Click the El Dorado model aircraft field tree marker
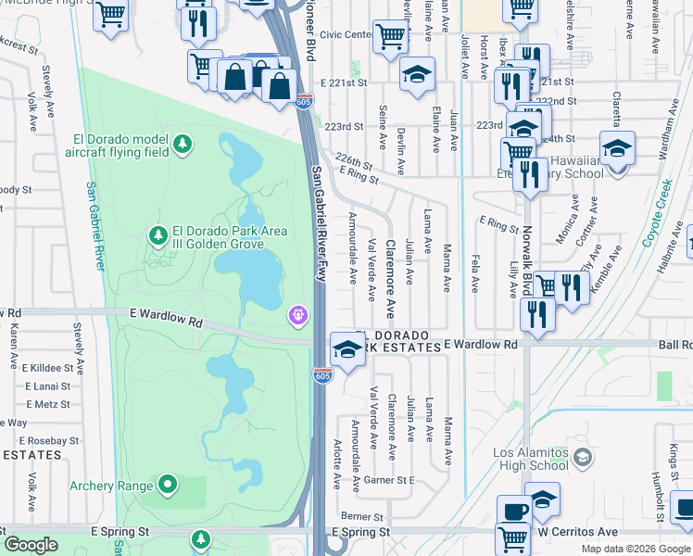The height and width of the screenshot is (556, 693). point(184,144)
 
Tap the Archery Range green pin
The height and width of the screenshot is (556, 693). point(167,484)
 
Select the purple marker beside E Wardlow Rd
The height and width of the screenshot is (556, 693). point(296,316)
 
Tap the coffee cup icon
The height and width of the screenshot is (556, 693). point(514,511)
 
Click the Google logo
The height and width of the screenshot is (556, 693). point(31,545)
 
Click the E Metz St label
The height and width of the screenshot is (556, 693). point(49,404)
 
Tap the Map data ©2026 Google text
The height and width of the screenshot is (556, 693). point(636,549)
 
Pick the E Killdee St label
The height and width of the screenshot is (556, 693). point(46,368)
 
